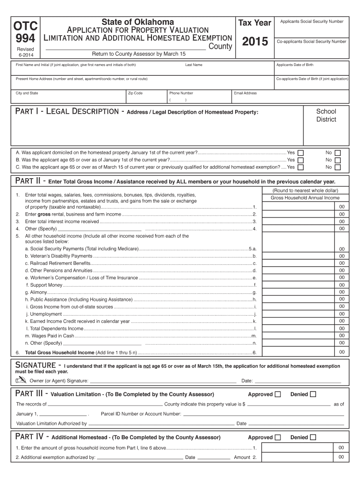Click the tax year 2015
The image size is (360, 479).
point(255,43)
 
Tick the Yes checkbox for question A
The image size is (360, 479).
point(301,153)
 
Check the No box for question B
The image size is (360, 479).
point(338,160)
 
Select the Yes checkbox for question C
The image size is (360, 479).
point(301,167)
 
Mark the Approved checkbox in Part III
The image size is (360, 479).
point(278,394)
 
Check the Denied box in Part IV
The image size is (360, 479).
point(313,437)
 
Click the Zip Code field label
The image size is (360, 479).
point(135,93)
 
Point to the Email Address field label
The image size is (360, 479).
point(245,93)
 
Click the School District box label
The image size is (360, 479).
point(326,115)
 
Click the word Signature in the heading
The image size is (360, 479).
point(36,364)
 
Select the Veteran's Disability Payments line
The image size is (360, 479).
point(58,256)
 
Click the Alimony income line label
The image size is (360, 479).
point(36,292)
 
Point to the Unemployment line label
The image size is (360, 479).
point(43,314)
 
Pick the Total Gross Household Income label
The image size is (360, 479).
point(59,352)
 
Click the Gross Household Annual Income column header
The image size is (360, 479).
point(305,198)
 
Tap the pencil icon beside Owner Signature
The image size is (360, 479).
point(21,380)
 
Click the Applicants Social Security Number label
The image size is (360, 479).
point(311,22)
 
